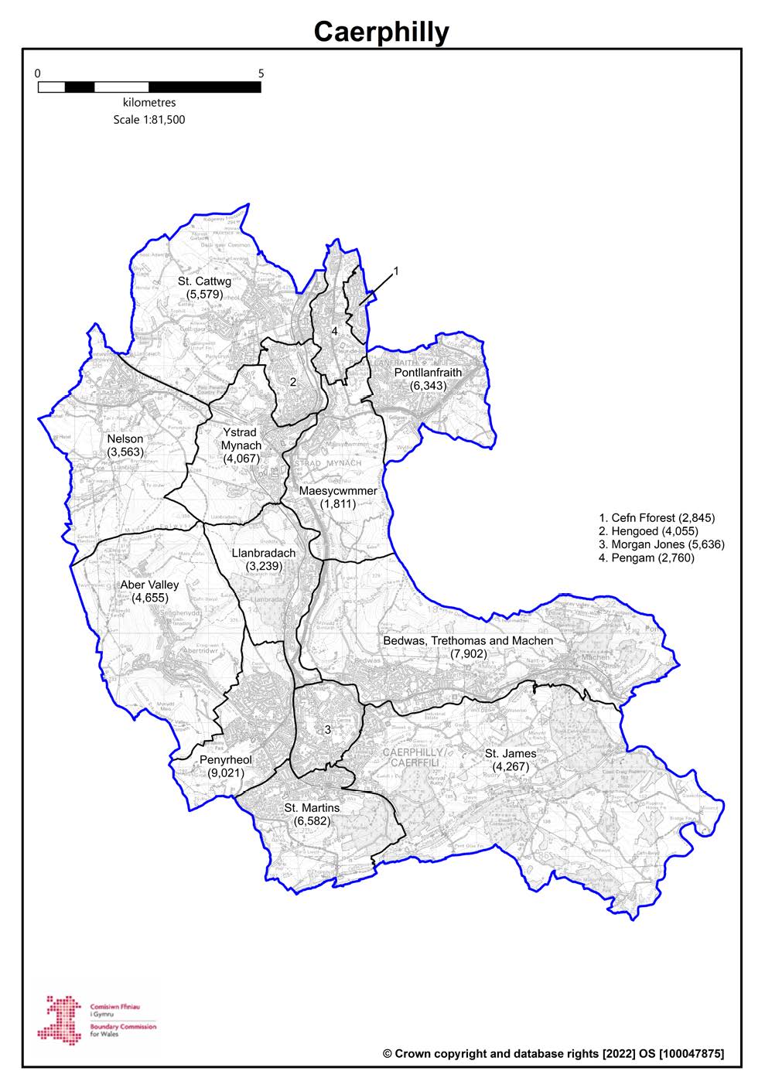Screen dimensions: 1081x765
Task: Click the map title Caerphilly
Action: pyautogui.click(x=381, y=32)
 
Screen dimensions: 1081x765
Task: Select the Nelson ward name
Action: pyautogui.click(x=125, y=439)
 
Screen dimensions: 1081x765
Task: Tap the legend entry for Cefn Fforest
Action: pyautogui.click(x=657, y=517)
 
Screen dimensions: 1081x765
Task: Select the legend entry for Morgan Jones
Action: pyautogui.click(x=662, y=544)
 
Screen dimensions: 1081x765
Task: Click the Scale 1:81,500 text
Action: pyautogui.click(x=149, y=120)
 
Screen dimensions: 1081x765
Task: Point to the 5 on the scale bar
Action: pyautogui.click(x=261, y=74)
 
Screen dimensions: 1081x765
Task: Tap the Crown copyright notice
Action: pyautogui.click(x=553, y=1053)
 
